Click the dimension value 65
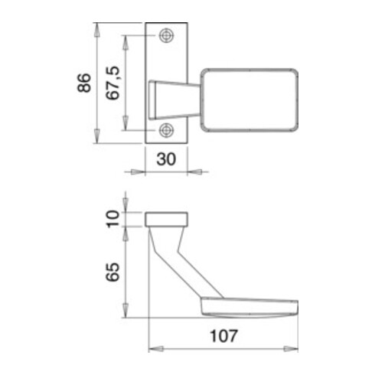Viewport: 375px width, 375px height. pos(113,272)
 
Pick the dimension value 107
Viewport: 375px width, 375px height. pos(223,335)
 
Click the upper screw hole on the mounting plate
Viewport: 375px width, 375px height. pos(167,37)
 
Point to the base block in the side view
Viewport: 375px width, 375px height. pos(167,219)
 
